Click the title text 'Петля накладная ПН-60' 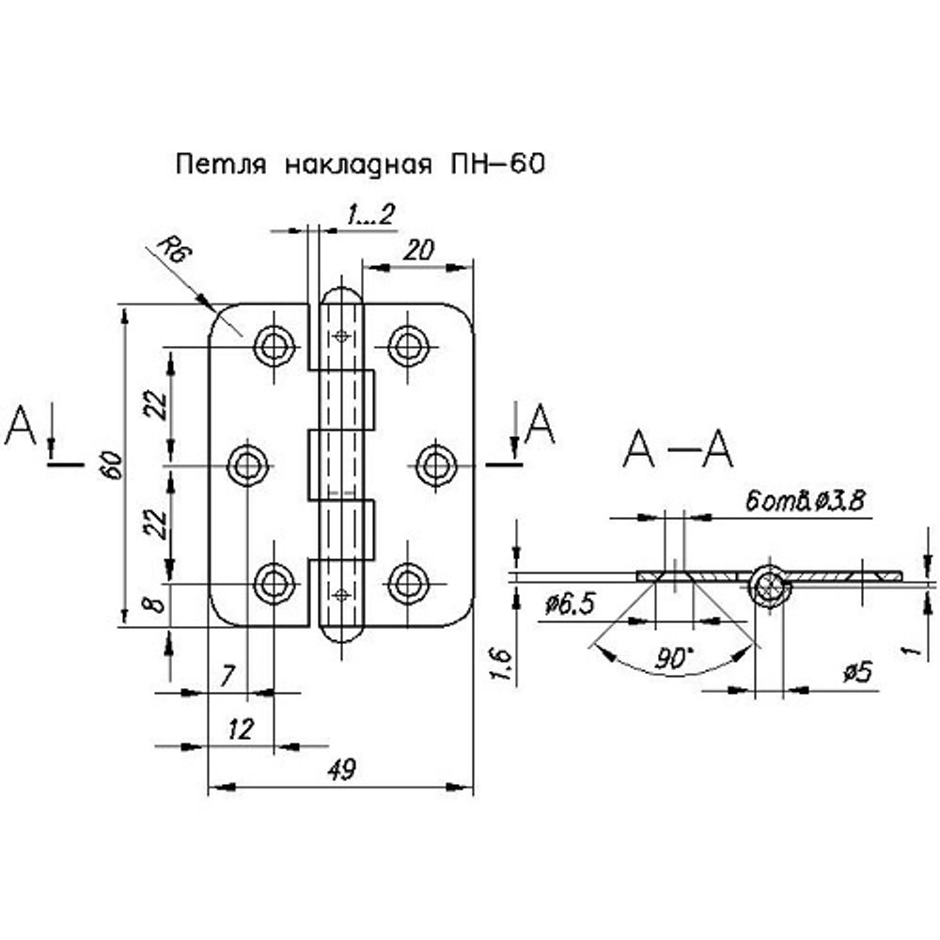click(360, 165)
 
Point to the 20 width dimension click(418, 249)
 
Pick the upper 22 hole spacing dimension click(159, 404)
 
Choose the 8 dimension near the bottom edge click(158, 601)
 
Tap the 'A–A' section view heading click(677, 450)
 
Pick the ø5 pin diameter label click(858, 671)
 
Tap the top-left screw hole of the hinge click(274, 346)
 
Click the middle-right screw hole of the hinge click(436, 464)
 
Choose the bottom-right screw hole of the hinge click(407, 583)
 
